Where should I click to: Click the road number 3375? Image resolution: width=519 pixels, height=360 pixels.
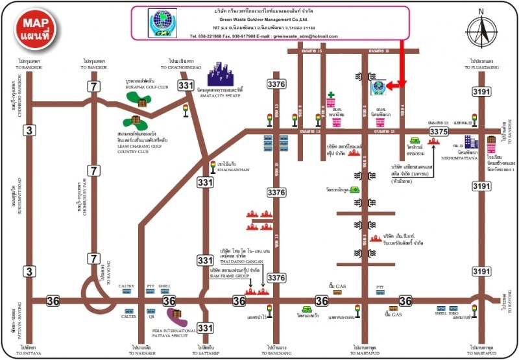point(439,132)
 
